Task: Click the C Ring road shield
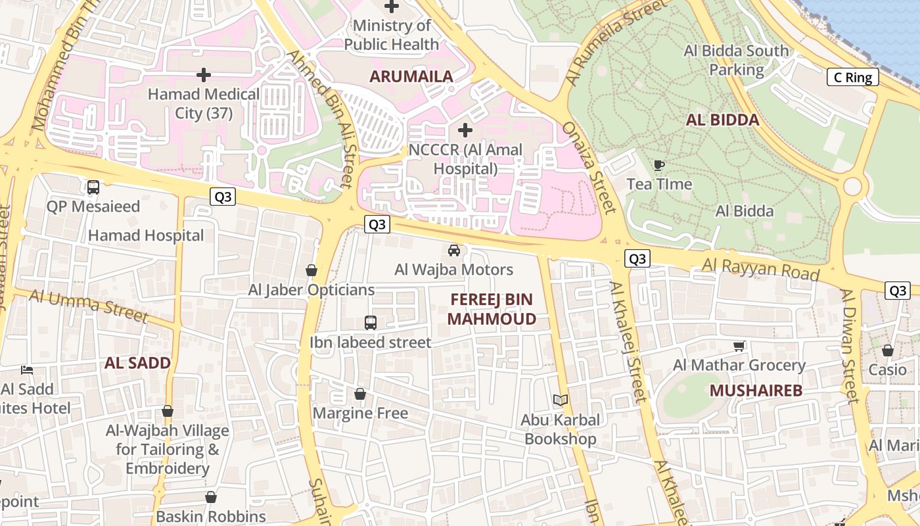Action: click(x=853, y=78)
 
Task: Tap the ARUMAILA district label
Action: click(x=411, y=76)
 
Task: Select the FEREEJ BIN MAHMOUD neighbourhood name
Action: click(x=492, y=309)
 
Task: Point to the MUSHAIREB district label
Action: click(x=756, y=391)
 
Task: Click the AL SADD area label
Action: click(x=137, y=363)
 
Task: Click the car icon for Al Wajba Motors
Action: click(x=453, y=251)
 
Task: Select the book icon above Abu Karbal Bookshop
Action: click(x=561, y=400)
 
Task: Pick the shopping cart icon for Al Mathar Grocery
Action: click(x=739, y=346)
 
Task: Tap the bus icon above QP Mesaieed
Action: click(x=93, y=187)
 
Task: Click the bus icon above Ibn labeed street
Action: click(x=371, y=323)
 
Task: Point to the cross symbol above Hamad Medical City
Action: click(x=204, y=75)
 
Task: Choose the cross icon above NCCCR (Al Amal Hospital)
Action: click(x=465, y=130)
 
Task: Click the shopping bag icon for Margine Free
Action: click(x=360, y=394)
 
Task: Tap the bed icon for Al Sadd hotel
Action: click(x=27, y=370)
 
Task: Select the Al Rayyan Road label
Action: click(x=761, y=269)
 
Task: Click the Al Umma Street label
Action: click(x=89, y=305)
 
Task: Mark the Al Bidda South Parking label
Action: click(x=736, y=60)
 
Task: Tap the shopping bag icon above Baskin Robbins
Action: click(x=211, y=497)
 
